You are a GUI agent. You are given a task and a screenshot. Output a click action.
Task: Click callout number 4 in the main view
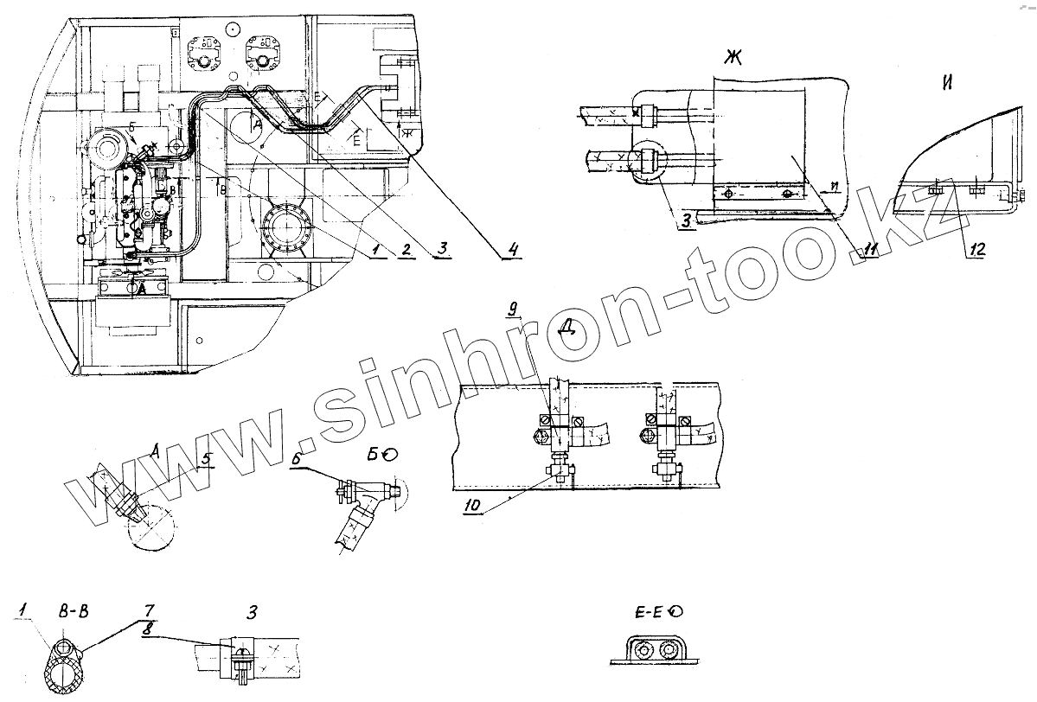(513, 251)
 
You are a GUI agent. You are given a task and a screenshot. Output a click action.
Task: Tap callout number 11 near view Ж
(871, 250)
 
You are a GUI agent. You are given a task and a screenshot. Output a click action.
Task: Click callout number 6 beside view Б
(296, 460)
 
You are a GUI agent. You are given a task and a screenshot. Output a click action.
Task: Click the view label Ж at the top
(735, 59)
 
